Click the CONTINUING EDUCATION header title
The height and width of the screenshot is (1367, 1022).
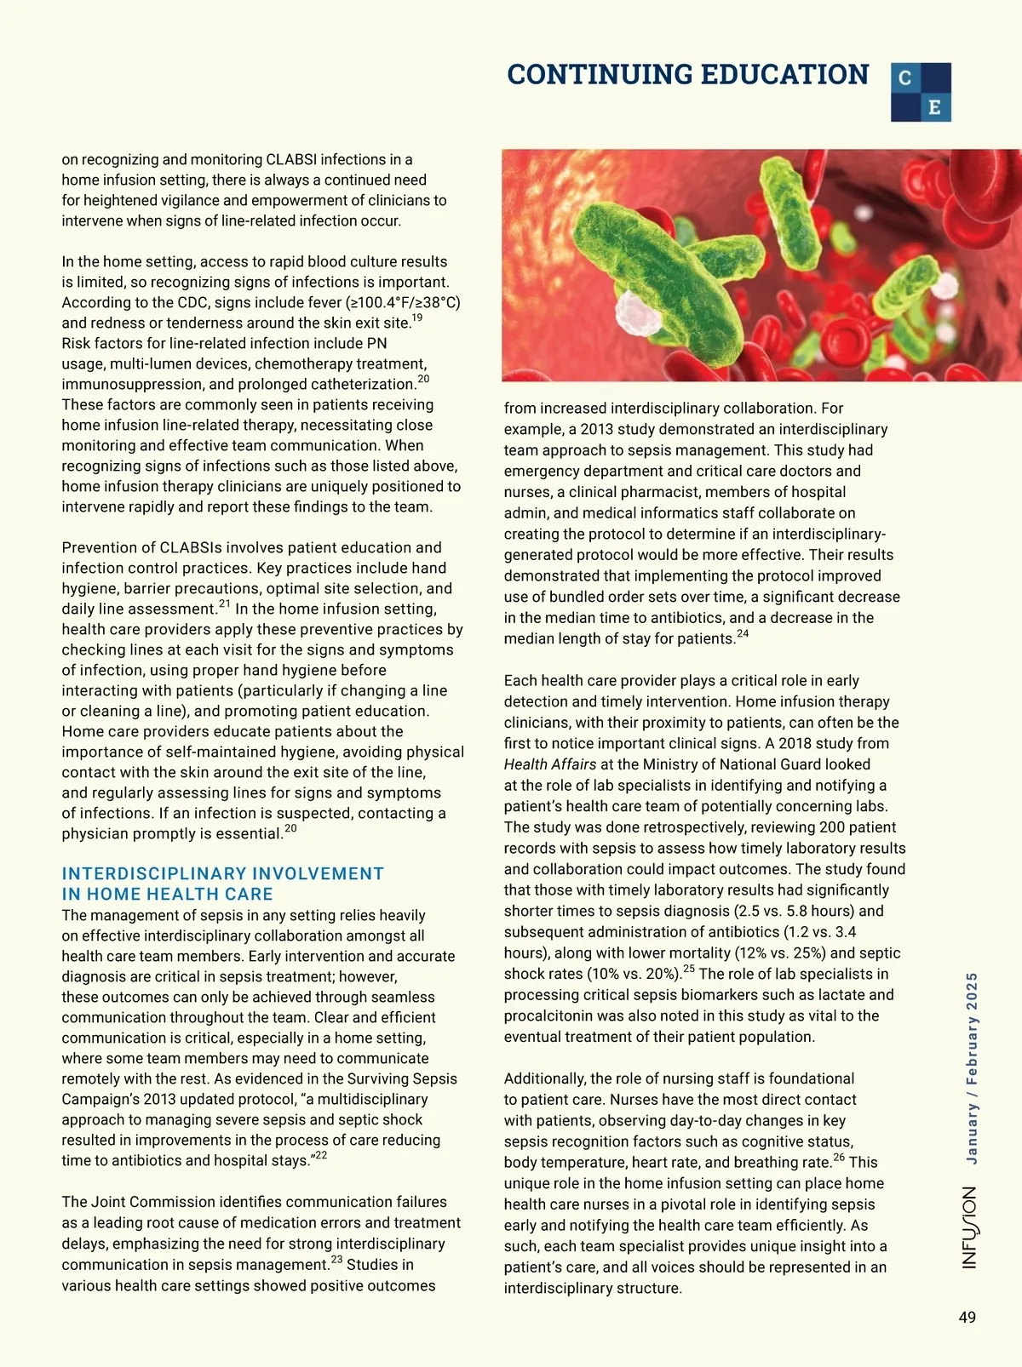687,75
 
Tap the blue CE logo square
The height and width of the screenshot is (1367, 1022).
921,92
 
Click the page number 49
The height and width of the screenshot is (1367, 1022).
967,1318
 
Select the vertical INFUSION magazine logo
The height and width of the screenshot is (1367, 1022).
970,1227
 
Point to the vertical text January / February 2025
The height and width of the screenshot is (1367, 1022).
972,1067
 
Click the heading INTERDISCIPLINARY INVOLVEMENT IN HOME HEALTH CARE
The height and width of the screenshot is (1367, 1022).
222,884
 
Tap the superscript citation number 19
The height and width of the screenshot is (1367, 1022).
416,317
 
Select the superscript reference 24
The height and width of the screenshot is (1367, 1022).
743,633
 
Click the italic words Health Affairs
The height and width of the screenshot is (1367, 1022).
549,764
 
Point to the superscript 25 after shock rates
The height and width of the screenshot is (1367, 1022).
689,969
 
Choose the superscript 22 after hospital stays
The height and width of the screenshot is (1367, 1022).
321,1155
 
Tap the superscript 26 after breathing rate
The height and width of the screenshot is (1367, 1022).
839,1157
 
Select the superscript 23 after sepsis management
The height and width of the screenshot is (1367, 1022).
336,1260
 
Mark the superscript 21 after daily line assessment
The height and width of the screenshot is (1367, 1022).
225,604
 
